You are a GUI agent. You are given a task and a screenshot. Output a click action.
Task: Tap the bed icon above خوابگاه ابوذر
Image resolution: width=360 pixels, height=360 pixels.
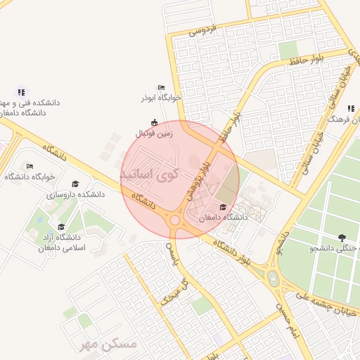[x=162, y=87]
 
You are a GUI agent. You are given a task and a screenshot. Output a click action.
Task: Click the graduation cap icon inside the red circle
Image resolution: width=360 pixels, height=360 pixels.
[x=223, y=207]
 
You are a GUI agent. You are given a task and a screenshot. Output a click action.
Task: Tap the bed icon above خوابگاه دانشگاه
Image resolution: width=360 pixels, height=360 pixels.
[x=29, y=167]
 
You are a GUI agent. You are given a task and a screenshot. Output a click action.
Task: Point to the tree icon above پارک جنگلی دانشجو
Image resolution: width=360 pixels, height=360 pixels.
[x=342, y=238]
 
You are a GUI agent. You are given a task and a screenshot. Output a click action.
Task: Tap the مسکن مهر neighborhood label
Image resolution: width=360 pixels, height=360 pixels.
[x=107, y=344]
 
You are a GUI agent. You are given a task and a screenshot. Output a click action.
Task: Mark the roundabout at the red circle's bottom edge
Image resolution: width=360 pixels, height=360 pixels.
[x=175, y=221]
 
